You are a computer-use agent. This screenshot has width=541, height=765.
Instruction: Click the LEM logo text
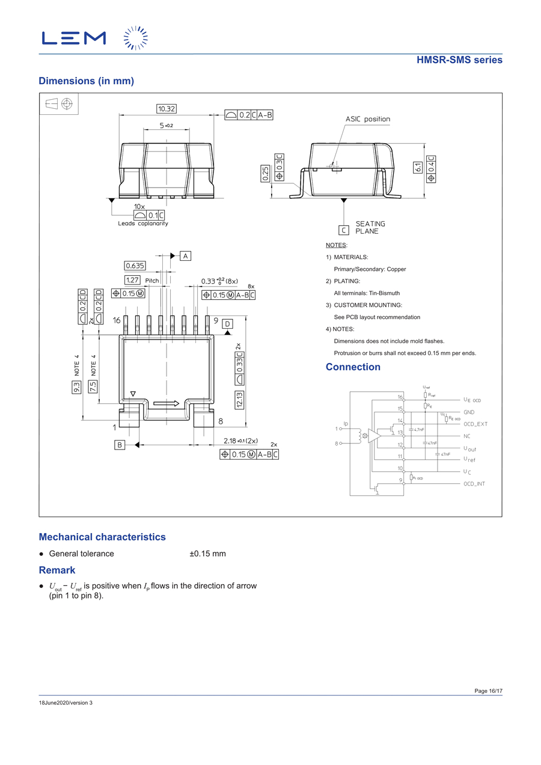[74, 38]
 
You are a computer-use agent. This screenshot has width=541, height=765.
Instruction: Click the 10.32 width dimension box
[167, 109]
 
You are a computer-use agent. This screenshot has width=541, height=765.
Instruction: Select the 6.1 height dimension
[418, 168]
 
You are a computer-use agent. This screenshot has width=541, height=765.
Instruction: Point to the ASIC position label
[367, 119]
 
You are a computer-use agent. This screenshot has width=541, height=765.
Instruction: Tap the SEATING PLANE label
[370, 228]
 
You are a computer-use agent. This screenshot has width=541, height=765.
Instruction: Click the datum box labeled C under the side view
[344, 230]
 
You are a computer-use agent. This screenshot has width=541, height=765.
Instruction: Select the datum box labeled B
[120, 445]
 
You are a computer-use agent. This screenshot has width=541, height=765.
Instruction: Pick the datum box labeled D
[227, 325]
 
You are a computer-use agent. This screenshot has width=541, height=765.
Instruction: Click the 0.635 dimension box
[135, 266]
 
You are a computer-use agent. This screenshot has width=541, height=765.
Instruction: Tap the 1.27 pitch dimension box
[132, 280]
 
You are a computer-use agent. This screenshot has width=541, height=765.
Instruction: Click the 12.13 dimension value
[239, 400]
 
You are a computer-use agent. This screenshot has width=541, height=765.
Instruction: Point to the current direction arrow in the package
[166, 403]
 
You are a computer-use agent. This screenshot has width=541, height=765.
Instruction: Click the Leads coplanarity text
[143, 224]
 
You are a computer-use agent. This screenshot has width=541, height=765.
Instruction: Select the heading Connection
[353, 367]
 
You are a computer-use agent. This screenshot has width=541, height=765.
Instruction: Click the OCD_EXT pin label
[475, 424]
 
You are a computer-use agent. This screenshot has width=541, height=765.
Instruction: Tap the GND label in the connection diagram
[469, 412]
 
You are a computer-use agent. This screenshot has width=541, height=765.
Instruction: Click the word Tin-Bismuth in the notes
[382, 293]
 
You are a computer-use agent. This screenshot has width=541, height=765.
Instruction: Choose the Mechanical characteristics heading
[102, 537]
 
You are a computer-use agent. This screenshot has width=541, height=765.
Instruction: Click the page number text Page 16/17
[488, 691]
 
